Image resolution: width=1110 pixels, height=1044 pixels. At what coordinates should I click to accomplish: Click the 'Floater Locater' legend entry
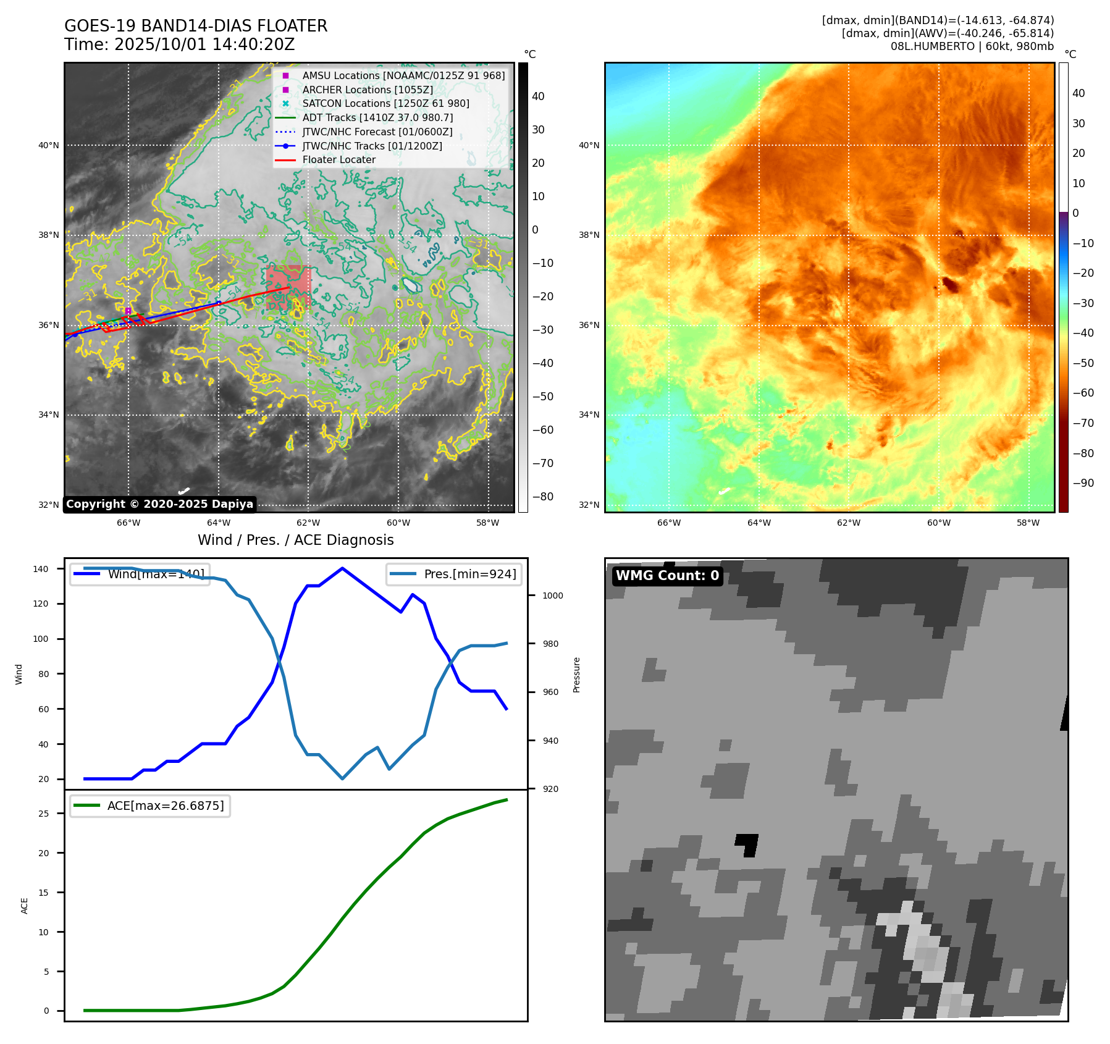pyautogui.click(x=338, y=160)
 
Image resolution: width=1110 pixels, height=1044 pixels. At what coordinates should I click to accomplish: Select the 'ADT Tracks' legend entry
pyautogui.click(x=377, y=118)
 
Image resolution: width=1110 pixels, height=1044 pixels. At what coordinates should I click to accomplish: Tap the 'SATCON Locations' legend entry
pyautogui.click(x=385, y=104)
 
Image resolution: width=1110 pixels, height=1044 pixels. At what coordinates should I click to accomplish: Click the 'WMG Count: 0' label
pyautogui.click(x=667, y=576)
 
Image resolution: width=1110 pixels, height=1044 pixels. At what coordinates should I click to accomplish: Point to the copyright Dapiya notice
pyautogui.click(x=159, y=504)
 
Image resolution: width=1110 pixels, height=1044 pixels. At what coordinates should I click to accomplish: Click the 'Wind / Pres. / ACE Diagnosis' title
pyautogui.click(x=295, y=541)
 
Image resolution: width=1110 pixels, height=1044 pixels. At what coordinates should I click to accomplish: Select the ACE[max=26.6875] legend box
pyautogui.click(x=150, y=806)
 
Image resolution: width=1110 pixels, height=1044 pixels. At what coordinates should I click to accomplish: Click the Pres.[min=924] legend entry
pyautogui.click(x=454, y=575)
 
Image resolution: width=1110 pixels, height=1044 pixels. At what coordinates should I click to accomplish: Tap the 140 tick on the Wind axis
pyautogui.click(x=41, y=569)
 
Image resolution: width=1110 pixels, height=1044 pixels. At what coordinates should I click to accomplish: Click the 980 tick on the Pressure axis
pyautogui.click(x=550, y=644)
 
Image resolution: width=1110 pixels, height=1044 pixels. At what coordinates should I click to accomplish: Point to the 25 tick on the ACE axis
pyautogui.click(x=43, y=814)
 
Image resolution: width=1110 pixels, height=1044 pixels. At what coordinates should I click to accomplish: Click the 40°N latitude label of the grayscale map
pyautogui.click(x=49, y=146)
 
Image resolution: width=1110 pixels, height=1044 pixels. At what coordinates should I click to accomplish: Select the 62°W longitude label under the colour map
pyautogui.click(x=848, y=523)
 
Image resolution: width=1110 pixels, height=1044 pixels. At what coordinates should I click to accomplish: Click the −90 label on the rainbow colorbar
pyautogui.click(x=1083, y=483)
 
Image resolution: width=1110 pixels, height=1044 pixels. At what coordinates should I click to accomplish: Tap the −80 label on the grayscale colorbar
pyautogui.click(x=543, y=497)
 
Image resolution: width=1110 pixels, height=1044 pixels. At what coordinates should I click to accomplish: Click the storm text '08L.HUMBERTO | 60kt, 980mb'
pyautogui.click(x=972, y=46)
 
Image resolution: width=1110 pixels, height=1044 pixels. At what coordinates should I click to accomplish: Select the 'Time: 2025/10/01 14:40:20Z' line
pyautogui.click(x=180, y=45)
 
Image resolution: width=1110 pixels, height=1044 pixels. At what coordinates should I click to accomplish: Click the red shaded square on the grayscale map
pyautogui.click(x=288, y=288)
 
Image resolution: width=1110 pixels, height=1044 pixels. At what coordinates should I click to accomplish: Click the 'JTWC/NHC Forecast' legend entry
pyautogui.click(x=377, y=132)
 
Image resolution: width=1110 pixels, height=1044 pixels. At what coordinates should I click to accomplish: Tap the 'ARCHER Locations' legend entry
pyautogui.click(x=368, y=90)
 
